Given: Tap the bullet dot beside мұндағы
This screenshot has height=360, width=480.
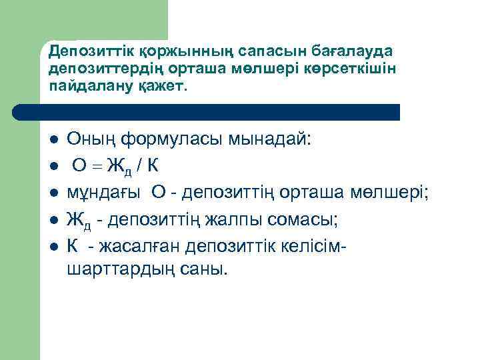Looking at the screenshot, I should [x=52, y=194].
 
